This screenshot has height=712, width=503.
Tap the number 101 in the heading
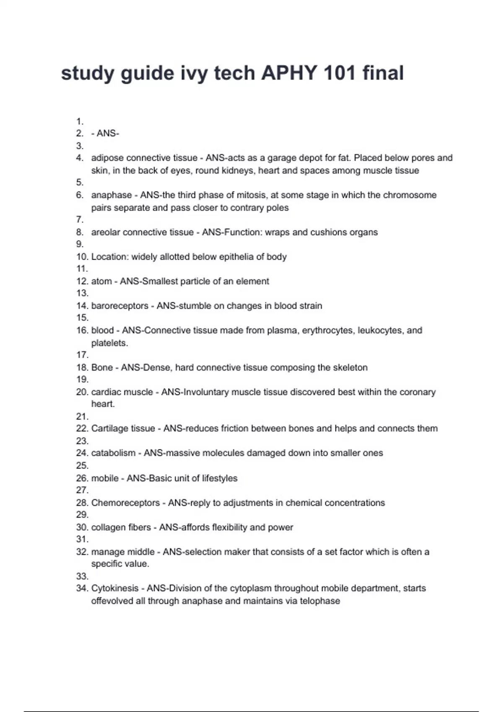click(339, 73)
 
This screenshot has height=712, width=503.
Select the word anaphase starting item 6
click(105, 195)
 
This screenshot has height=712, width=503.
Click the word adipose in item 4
click(107, 158)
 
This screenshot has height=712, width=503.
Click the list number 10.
click(82, 257)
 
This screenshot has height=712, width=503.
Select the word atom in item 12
click(101, 281)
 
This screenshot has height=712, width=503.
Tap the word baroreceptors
click(119, 306)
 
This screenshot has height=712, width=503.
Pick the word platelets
click(109, 343)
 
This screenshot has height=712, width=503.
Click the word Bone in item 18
click(102, 368)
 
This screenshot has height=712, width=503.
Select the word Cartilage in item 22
click(110, 428)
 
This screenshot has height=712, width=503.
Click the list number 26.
click(82, 478)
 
